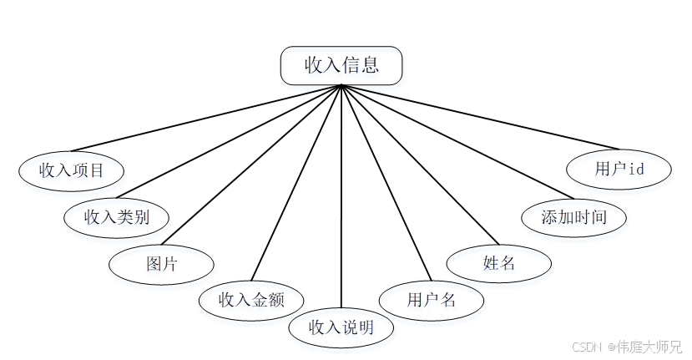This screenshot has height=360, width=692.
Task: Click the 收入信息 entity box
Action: click(341, 65)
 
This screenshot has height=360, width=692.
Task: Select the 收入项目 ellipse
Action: click(72, 170)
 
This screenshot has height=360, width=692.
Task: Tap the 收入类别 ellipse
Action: click(117, 217)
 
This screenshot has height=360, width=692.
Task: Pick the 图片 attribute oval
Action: click(161, 265)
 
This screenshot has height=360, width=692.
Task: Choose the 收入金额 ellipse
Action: click(251, 300)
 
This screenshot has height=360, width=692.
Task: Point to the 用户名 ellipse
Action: click(432, 300)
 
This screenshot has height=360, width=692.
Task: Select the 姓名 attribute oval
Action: click(499, 264)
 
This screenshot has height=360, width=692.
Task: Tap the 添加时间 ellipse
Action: click(573, 218)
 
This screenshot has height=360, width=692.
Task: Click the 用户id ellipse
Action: click(619, 169)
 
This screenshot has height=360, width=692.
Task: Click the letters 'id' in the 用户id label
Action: click(636, 169)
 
